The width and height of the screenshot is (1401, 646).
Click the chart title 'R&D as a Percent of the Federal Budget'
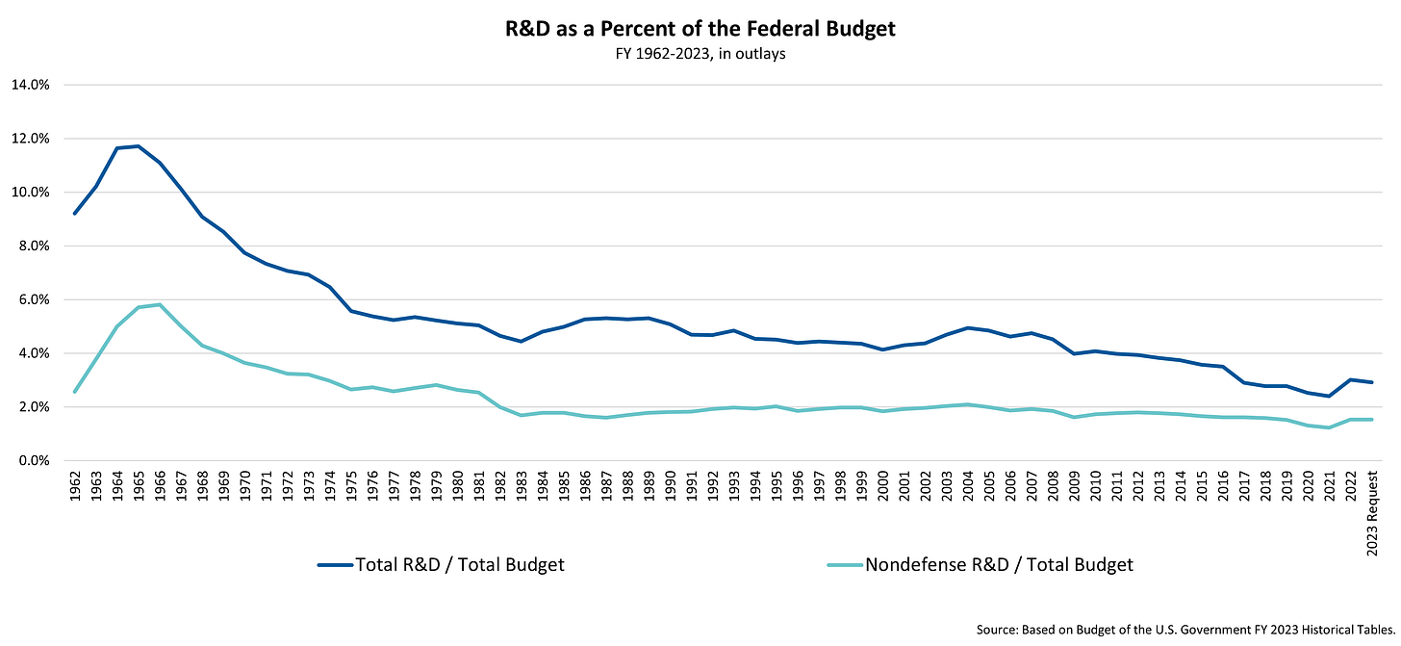(700, 29)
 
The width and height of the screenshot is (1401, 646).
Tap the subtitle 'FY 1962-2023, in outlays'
(700, 54)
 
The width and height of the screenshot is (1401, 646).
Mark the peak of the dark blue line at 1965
(139, 146)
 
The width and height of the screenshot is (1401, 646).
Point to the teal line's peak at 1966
(160, 304)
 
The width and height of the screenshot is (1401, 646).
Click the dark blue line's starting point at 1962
(75, 213)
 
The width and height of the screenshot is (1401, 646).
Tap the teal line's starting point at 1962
(75, 392)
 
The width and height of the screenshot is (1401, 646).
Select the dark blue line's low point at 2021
(1328, 396)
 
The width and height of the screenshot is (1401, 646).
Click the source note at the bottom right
(1184, 630)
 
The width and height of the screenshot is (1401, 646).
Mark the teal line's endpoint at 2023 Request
(1370, 420)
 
